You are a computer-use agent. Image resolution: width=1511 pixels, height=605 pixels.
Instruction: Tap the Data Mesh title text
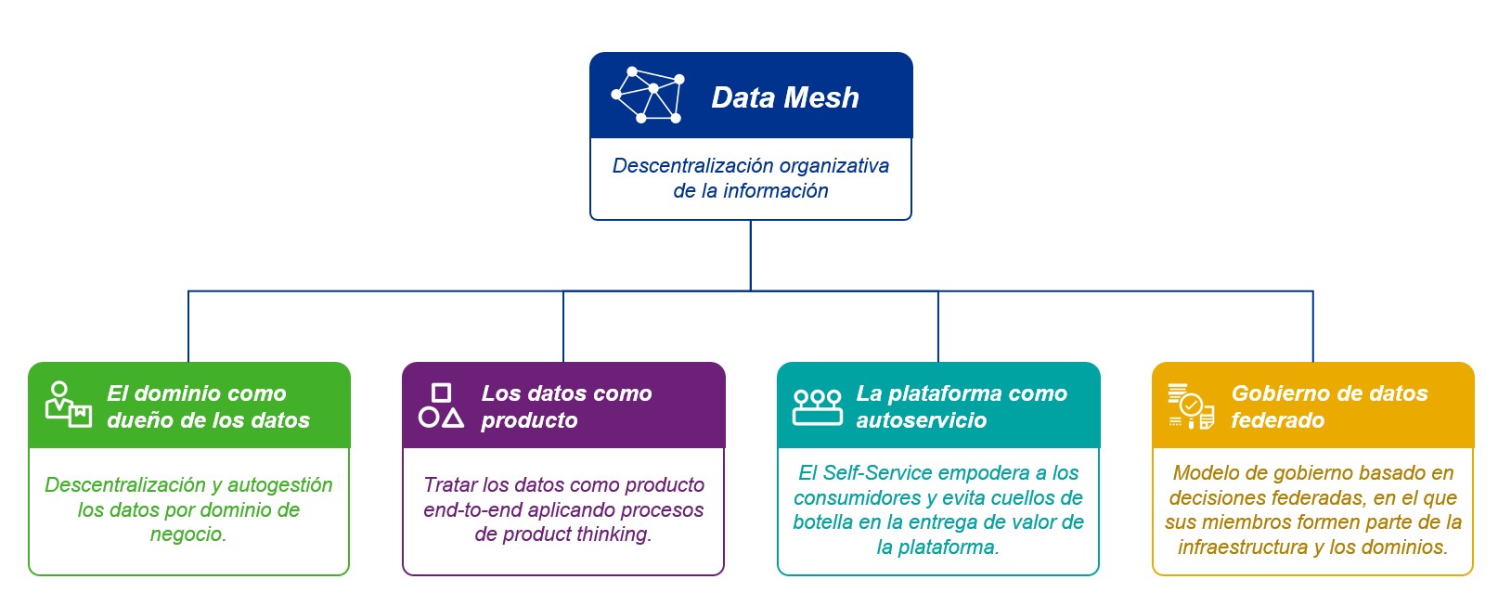click(x=785, y=97)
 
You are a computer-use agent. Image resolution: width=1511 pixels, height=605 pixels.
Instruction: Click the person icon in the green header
click(x=68, y=405)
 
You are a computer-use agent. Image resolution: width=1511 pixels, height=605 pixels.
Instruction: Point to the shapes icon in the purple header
click(x=441, y=405)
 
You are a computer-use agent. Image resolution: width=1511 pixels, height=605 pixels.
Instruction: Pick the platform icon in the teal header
click(x=818, y=406)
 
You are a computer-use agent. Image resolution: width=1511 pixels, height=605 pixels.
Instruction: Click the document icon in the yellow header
click(x=1192, y=406)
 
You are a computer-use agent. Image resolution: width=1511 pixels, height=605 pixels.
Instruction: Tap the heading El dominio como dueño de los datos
click(x=209, y=406)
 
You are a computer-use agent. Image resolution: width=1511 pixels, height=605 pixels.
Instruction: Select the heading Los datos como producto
click(x=566, y=406)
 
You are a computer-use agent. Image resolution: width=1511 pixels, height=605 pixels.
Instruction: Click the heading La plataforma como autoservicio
click(x=962, y=406)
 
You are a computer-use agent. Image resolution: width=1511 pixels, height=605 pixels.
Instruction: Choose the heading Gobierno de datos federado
click(x=1329, y=406)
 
